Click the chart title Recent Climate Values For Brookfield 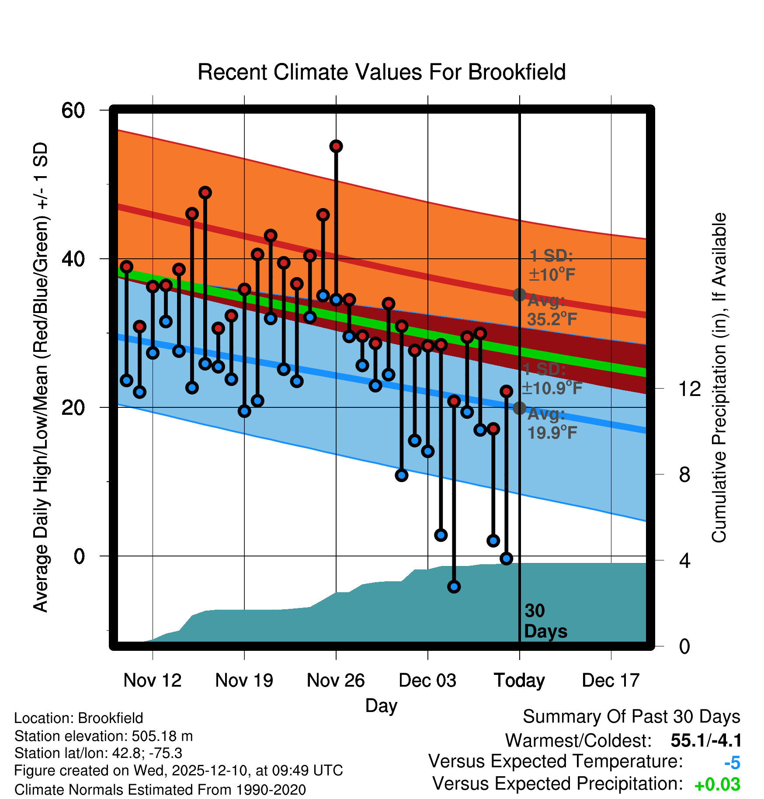tap(382, 72)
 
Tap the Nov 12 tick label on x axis tap(152, 680)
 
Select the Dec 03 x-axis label tap(427, 680)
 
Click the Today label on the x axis tap(519, 680)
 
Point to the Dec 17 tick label tap(611, 680)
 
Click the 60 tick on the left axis tap(73, 110)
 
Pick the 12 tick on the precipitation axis tap(690, 389)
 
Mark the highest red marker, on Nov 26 tap(336, 146)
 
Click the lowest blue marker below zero tap(454, 587)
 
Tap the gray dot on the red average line tap(519, 295)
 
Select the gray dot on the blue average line tap(519, 408)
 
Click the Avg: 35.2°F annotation tap(552, 310)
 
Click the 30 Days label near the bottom tap(545, 621)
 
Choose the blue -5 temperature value tap(732, 763)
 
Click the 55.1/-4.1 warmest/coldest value tap(706, 740)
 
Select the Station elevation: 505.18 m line tap(104, 736)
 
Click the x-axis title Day tap(381, 705)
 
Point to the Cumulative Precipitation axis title tap(719, 378)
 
